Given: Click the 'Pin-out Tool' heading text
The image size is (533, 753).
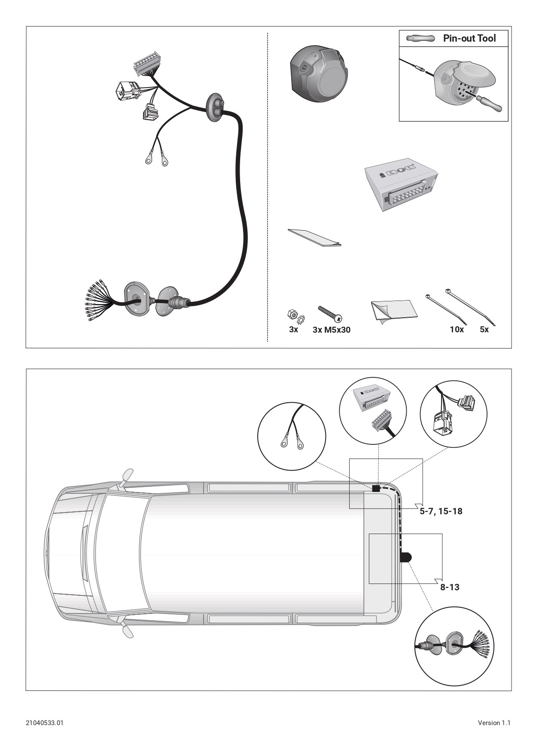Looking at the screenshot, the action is click(469, 38).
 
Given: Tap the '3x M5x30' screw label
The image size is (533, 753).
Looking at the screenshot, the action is click(331, 330).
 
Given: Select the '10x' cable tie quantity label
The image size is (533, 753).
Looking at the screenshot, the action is click(457, 330).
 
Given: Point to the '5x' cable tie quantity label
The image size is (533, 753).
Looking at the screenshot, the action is click(484, 330).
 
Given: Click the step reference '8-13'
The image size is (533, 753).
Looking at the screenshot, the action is click(450, 587).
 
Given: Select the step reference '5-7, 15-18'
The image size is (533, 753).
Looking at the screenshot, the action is click(441, 511).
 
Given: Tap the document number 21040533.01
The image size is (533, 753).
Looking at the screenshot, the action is click(45, 723).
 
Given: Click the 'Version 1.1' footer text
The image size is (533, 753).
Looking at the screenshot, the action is click(494, 723).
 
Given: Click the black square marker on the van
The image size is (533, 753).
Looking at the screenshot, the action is click(376, 488).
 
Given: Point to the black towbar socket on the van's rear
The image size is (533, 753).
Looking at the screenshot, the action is click(406, 557).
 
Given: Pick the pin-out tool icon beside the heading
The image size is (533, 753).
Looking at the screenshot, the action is click(420, 39).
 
